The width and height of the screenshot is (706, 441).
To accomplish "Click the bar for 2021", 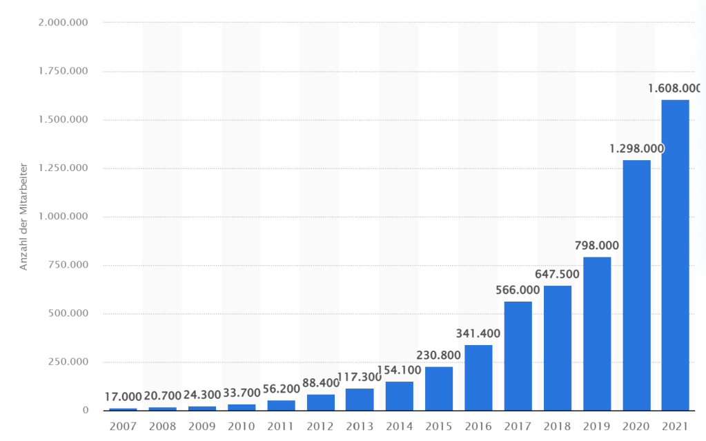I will pos(675,255).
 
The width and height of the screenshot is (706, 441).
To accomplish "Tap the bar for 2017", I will pos(518,355).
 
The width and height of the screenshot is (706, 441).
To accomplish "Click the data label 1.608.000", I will pos(674,88).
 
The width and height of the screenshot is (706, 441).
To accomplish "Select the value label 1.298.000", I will pos(636,148).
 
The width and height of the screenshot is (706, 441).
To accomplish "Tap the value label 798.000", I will pos(597,245).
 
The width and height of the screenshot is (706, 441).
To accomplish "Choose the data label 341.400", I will pos(478,333).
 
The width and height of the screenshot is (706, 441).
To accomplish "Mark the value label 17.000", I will pos(124,396).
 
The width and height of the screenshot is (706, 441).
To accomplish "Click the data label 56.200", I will pos(281,389).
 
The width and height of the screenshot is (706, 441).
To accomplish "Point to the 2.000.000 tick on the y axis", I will pos(63,23).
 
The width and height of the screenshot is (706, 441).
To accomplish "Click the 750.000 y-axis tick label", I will pos(68,265).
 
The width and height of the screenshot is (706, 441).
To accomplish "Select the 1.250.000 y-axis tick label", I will pos(63,168).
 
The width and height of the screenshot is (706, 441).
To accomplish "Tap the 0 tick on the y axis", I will pos(86,411).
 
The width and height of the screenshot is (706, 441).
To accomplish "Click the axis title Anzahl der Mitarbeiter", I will pos(23,217).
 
